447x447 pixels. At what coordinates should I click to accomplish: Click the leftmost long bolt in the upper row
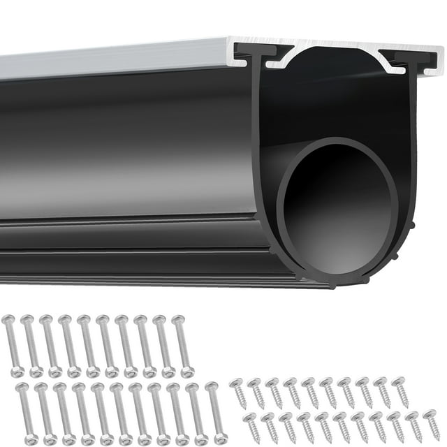(13, 346)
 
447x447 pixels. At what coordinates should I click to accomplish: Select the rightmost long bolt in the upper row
(183, 346)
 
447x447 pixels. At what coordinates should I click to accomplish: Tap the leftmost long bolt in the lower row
(26, 412)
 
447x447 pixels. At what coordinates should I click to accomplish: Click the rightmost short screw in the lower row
(432, 425)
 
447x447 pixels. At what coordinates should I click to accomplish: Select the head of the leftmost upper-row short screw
(236, 383)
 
